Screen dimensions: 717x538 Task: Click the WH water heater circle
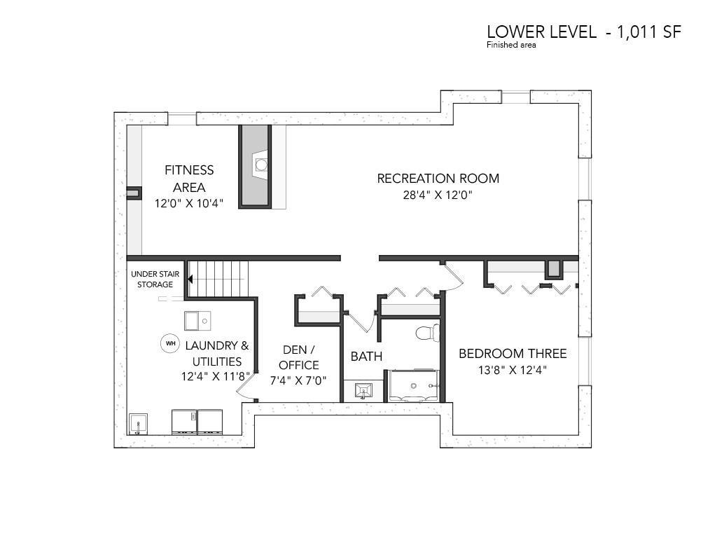[169, 343]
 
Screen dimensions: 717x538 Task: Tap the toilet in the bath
[428, 333]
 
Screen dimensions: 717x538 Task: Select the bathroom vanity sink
[364, 391]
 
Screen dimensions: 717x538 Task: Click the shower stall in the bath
[414, 386]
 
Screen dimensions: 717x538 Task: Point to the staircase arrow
[190, 279]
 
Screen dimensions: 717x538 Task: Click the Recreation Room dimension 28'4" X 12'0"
[437, 195]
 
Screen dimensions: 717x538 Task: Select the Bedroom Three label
[513, 353]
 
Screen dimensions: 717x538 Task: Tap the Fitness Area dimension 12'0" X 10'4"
[189, 204]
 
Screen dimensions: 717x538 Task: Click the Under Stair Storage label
[155, 279]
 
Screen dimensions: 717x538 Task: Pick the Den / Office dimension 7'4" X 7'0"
[298, 380]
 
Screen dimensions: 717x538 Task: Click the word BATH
[366, 356]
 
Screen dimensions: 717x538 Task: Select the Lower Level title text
[584, 32]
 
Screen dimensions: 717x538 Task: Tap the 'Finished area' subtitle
[511, 45]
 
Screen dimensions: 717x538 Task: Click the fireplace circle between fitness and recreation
[261, 164]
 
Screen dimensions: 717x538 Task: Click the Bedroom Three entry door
[454, 276]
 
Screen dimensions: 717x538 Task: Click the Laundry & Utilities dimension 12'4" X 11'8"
[216, 376]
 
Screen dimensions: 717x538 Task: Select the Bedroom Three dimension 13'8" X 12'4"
[513, 370]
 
